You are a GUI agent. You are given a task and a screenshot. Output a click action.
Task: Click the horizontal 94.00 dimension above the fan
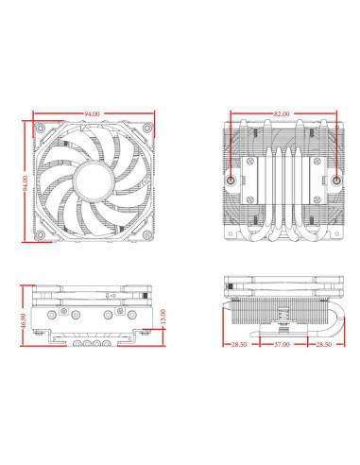(92, 113)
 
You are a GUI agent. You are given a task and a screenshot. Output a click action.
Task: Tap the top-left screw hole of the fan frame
(41, 126)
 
